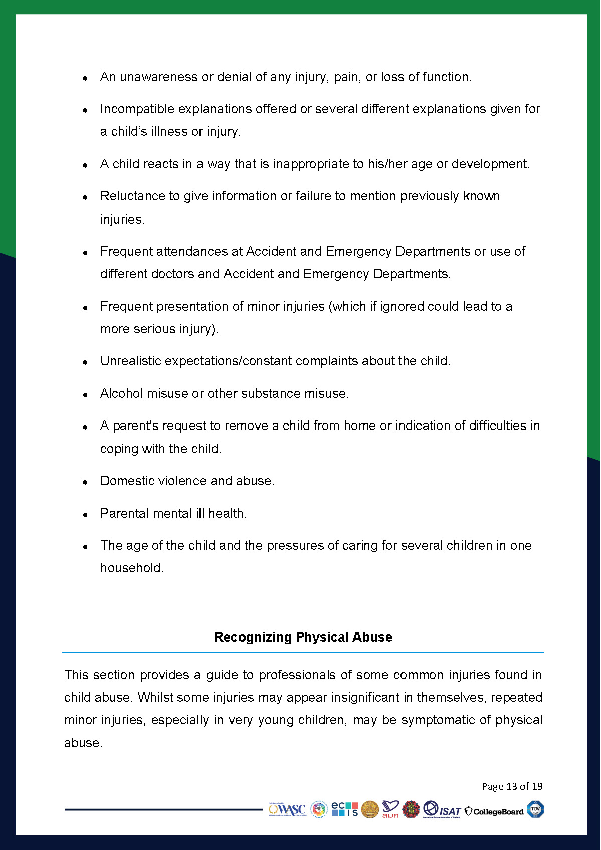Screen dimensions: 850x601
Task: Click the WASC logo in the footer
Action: [x=287, y=810]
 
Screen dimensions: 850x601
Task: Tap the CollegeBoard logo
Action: [x=494, y=811]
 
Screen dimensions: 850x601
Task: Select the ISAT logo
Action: [x=442, y=810]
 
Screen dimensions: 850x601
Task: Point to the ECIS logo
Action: [x=345, y=809]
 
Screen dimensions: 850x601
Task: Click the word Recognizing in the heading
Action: [x=253, y=637]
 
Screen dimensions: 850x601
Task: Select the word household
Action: [x=131, y=568]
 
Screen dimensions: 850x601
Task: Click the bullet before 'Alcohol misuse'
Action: [x=86, y=395]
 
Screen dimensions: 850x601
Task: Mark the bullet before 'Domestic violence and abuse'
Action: [x=86, y=482]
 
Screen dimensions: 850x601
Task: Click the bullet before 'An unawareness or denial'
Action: [x=86, y=78]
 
